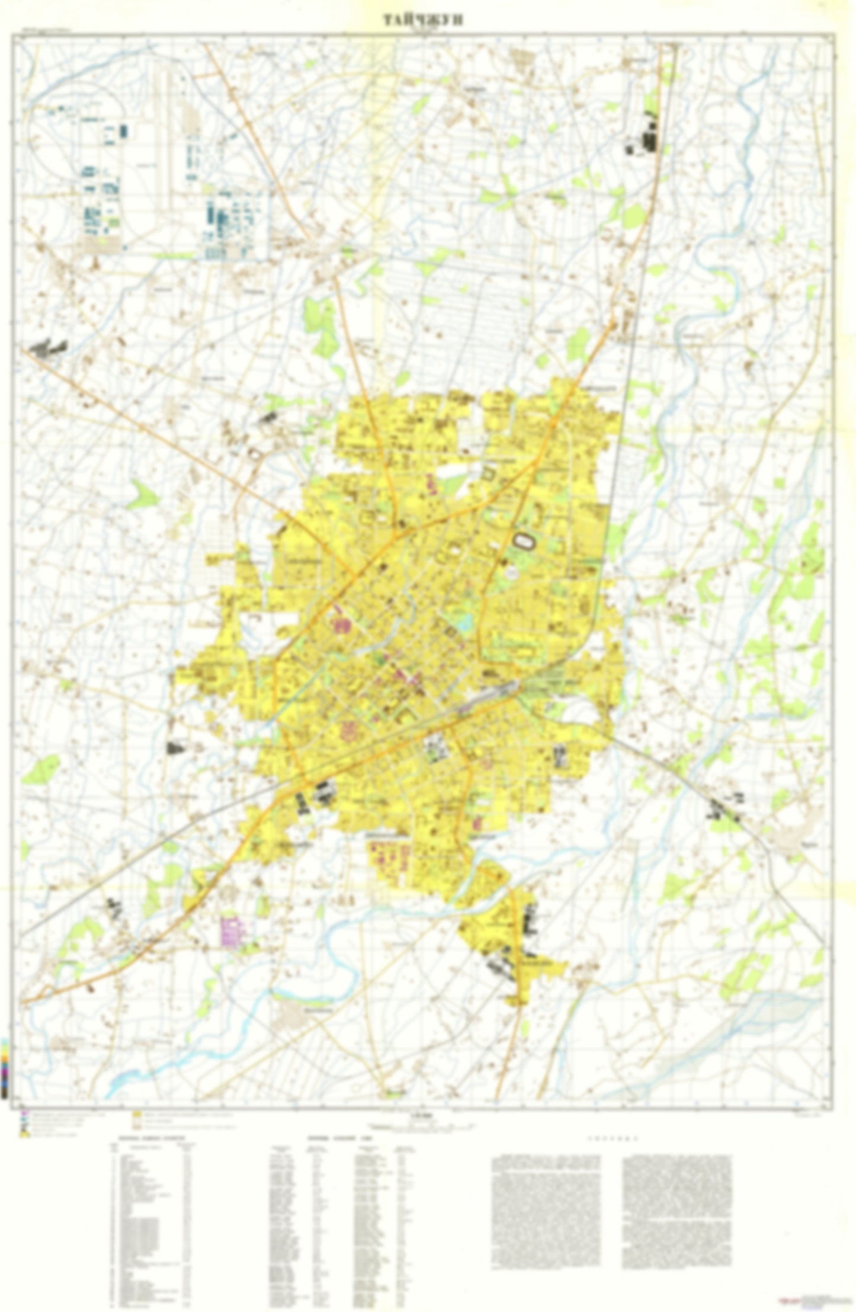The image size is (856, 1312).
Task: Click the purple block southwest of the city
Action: click(x=232, y=931)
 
